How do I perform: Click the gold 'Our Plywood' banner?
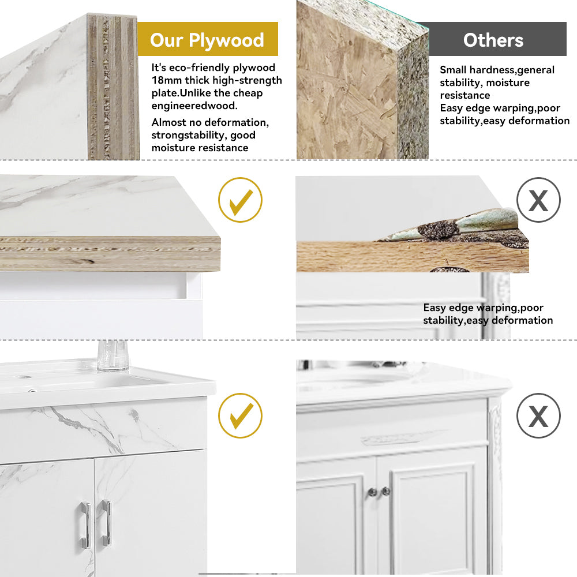coord(208,39)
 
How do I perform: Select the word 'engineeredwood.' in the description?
coord(194,106)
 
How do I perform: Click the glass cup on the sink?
coord(113,355)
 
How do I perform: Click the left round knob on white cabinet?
coord(372,492)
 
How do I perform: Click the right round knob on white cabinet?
coord(385,490)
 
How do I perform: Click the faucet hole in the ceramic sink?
coord(23,377)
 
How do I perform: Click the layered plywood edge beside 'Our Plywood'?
coord(113,87)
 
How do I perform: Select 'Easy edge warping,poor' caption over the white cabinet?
coord(483,308)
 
